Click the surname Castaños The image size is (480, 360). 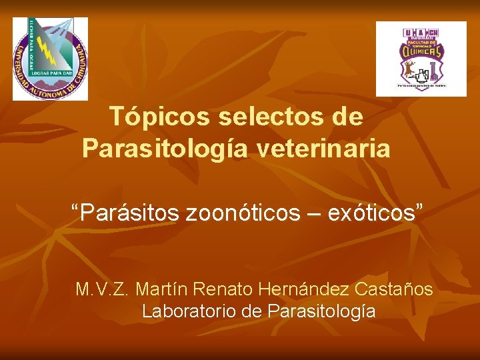pos(395,290)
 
